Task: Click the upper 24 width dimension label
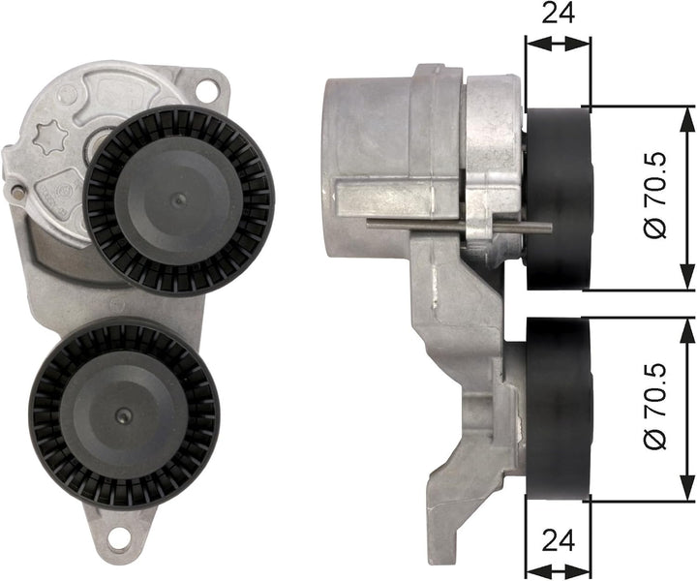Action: coord(557,14)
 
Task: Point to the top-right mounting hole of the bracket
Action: coord(206,89)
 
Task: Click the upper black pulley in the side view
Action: coord(558,199)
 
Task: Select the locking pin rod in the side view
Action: coord(455,225)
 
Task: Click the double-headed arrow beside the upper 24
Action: coord(557,44)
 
